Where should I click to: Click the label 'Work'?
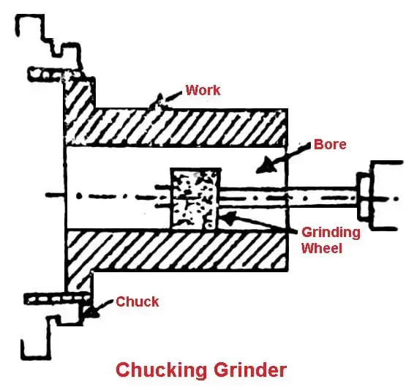[x=203, y=90]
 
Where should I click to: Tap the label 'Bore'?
[x=329, y=144]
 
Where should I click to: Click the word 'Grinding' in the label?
[x=331, y=232]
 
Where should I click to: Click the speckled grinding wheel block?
[x=195, y=198]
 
